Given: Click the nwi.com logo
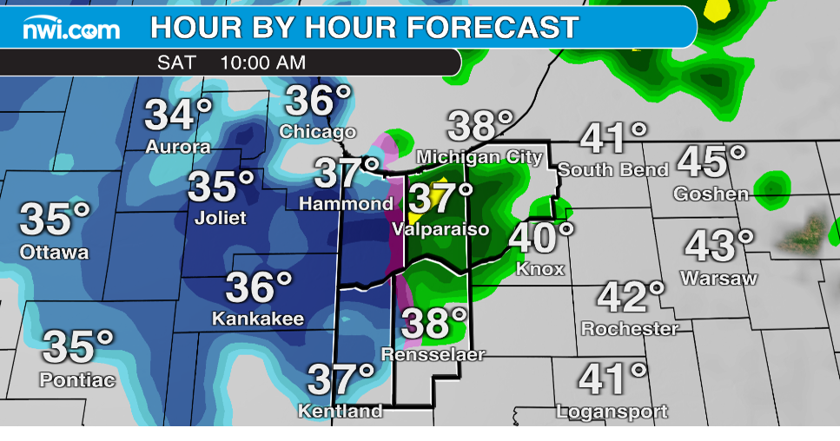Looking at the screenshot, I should click(71, 30).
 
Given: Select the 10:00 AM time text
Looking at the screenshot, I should click(262, 63).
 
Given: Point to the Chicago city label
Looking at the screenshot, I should click(318, 132).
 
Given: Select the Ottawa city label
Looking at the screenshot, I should click(55, 253).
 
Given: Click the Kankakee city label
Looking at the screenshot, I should click(259, 319).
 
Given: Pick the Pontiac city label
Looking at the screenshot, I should click(77, 379).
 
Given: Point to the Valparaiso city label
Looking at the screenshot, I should click(440, 229).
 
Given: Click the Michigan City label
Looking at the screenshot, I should click(480, 157).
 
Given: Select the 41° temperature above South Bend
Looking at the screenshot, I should click(613, 137).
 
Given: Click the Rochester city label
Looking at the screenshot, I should click(630, 329).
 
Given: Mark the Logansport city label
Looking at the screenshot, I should click(612, 411).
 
